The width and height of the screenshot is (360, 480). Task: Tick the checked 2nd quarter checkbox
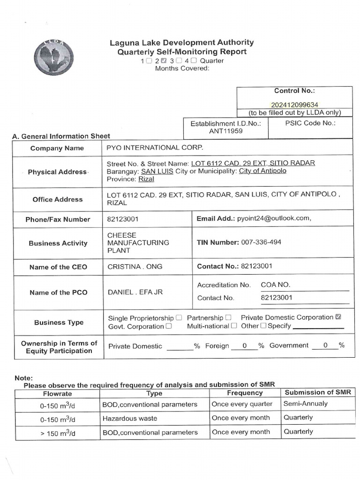[164, 60]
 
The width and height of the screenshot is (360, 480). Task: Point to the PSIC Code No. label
[310, 123]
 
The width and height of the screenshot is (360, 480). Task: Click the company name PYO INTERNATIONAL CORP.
[156, 148]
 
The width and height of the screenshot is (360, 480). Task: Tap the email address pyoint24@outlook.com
[274, 218]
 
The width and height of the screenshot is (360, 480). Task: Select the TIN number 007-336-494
[261, 242]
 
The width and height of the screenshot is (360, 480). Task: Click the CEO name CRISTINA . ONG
[135, 266]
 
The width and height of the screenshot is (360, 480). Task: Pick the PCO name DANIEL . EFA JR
[135, 292]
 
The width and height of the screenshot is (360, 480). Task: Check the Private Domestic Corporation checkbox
[338, 317]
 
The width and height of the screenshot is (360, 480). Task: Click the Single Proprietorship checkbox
[179, 318]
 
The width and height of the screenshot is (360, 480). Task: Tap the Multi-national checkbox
[234, 326]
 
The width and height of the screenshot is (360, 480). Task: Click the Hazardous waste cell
[130, 418]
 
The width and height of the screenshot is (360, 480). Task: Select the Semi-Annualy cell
[306, 404]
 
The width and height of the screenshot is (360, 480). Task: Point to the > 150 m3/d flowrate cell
[58, 433]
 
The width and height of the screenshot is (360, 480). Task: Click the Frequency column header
[245, 393]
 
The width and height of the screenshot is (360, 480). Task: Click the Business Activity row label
[58, 243]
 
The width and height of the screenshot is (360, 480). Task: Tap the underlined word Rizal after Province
[146, 179]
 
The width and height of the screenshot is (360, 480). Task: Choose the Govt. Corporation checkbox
[169, 326]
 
